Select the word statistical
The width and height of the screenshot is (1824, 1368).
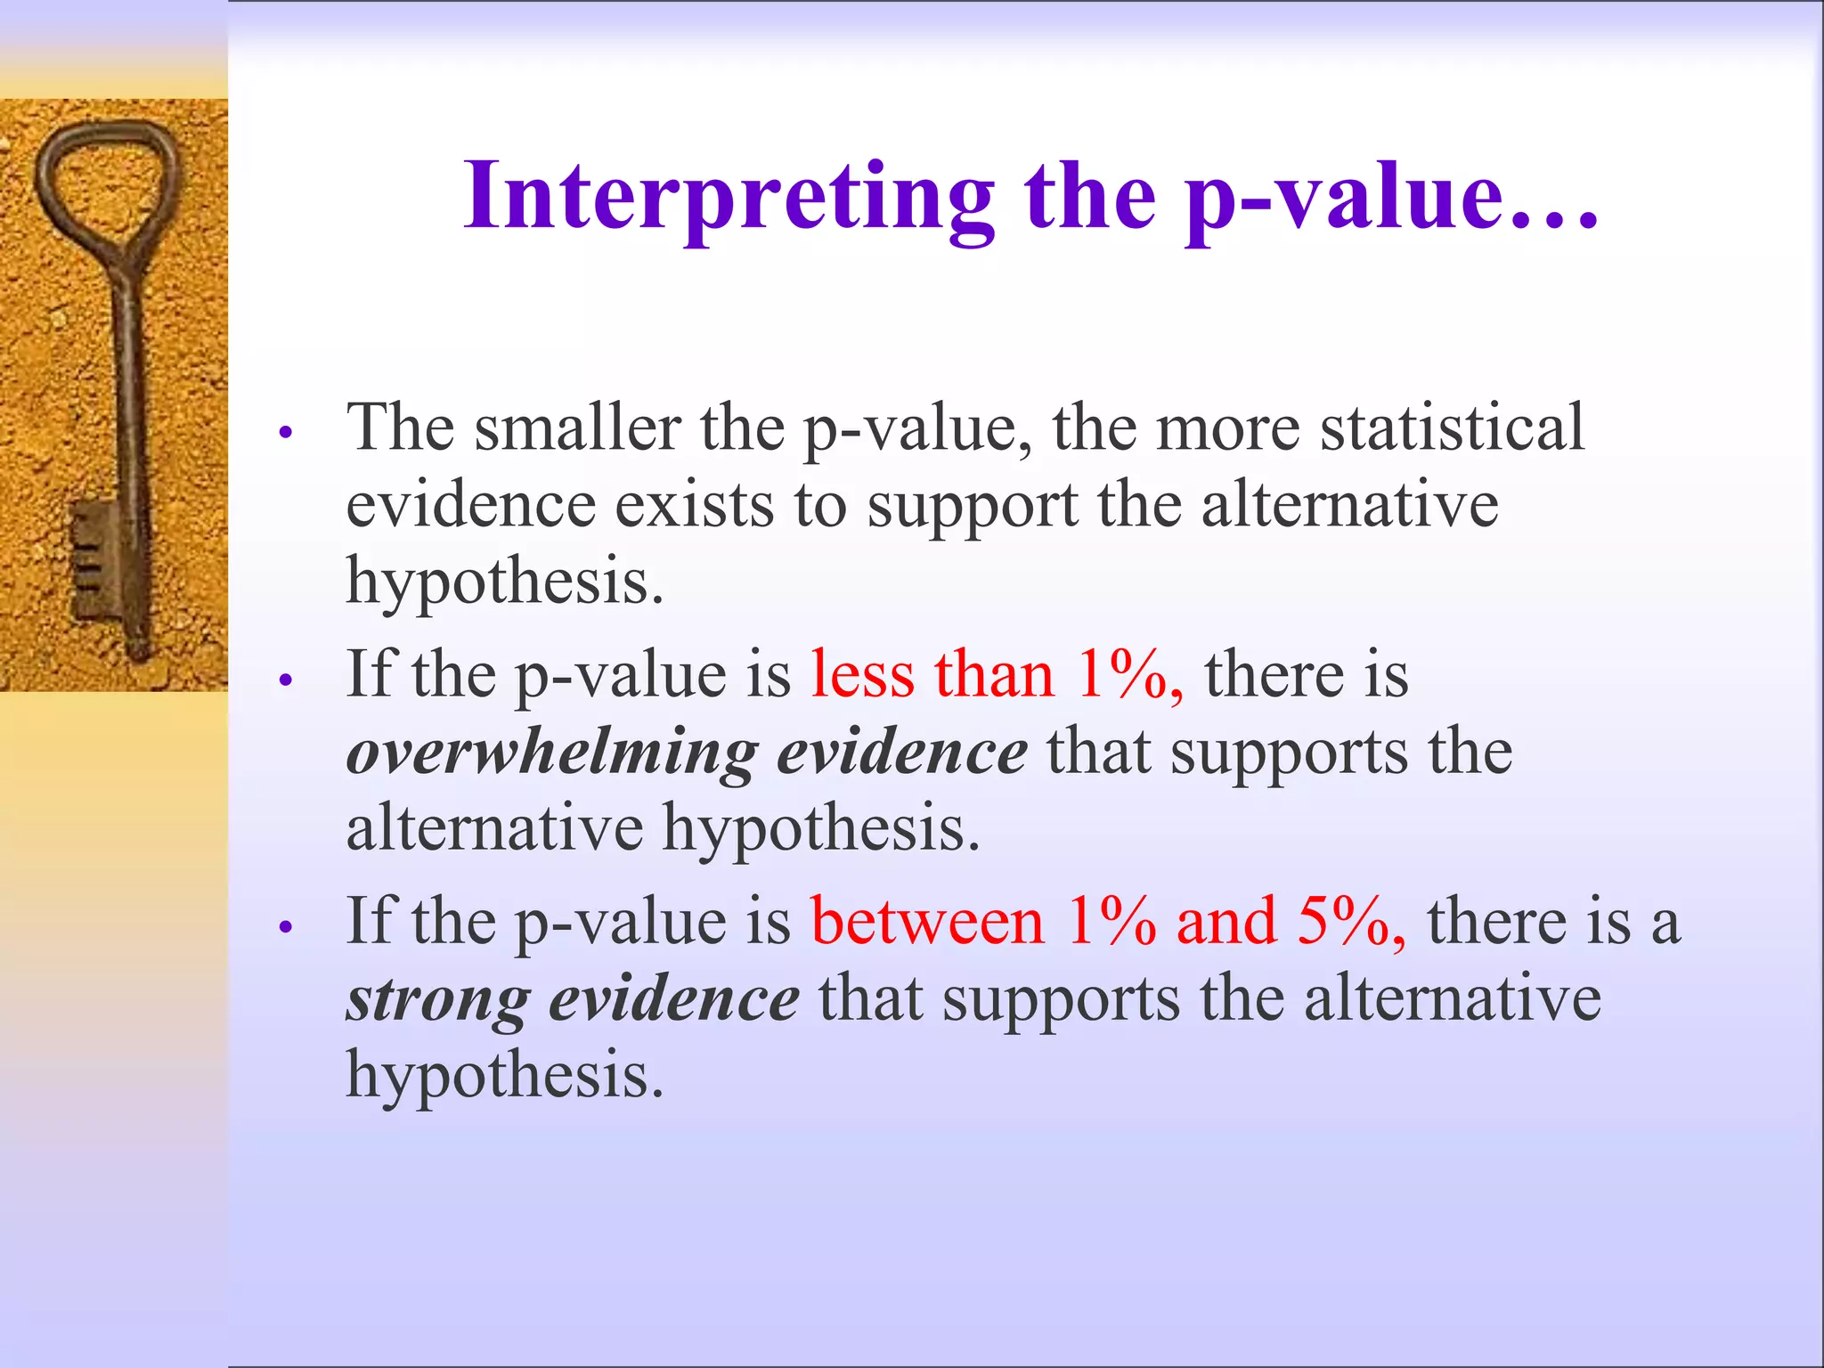(x=1452, y=428)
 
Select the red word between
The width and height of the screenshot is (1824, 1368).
(x=927, y=922)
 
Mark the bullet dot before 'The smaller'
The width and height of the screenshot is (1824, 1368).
(x=286, y=434)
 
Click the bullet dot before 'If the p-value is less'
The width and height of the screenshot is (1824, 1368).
(x=286, y=680)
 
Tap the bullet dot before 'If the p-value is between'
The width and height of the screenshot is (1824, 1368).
(x=286, y=927)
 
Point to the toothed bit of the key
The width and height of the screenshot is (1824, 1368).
(x=94, y=561)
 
